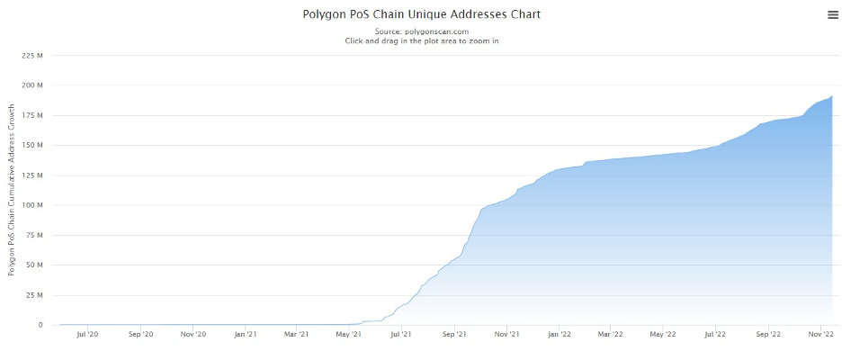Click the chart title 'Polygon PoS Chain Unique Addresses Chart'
pyautogui.click(x=421, y=14)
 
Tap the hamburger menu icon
pyautogui.click(x=832, y=14)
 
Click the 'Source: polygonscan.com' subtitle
pyautogui.click(x=421, y=31)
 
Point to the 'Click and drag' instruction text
pyautogui.click(x=421, y=40)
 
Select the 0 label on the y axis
pyautogui.click(x=40, y=325)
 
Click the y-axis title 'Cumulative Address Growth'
pyautogui.click(x=13, y=190)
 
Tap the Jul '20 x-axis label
pyautogui.click(x=88, y=335)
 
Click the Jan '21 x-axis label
pyautogui.click(x=246, y=335)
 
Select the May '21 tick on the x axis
pyautogui.click(x=349, y=335)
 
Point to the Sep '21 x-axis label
pyautogui.click(x=455, y=335)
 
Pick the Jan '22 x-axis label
pyautogui.click(x=560, y=335)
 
